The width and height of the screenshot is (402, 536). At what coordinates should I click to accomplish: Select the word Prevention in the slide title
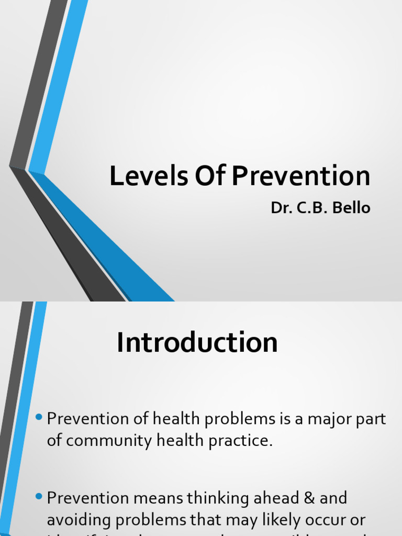pyautogui.click(x=301, y=176)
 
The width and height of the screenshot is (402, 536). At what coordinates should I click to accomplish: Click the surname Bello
pyautogui.click(x=352, y=208)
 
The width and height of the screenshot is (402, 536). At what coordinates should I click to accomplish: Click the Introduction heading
pyautogui.click(x=197, y=343)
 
